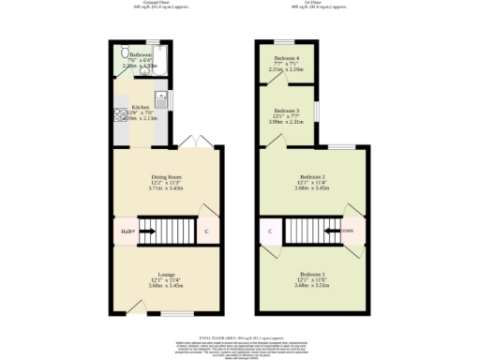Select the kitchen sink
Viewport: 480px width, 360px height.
point(160,97)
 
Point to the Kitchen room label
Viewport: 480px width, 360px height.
point(140,107)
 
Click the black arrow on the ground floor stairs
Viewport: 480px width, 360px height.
point(147,231)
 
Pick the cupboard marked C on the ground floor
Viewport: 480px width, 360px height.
point(206,231)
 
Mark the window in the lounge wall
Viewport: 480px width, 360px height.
point(175,314)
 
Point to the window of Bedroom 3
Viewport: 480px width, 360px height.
point(316,111)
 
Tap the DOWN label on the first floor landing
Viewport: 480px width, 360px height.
point(347,231)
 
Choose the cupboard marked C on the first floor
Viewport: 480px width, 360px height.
point(270,231)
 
